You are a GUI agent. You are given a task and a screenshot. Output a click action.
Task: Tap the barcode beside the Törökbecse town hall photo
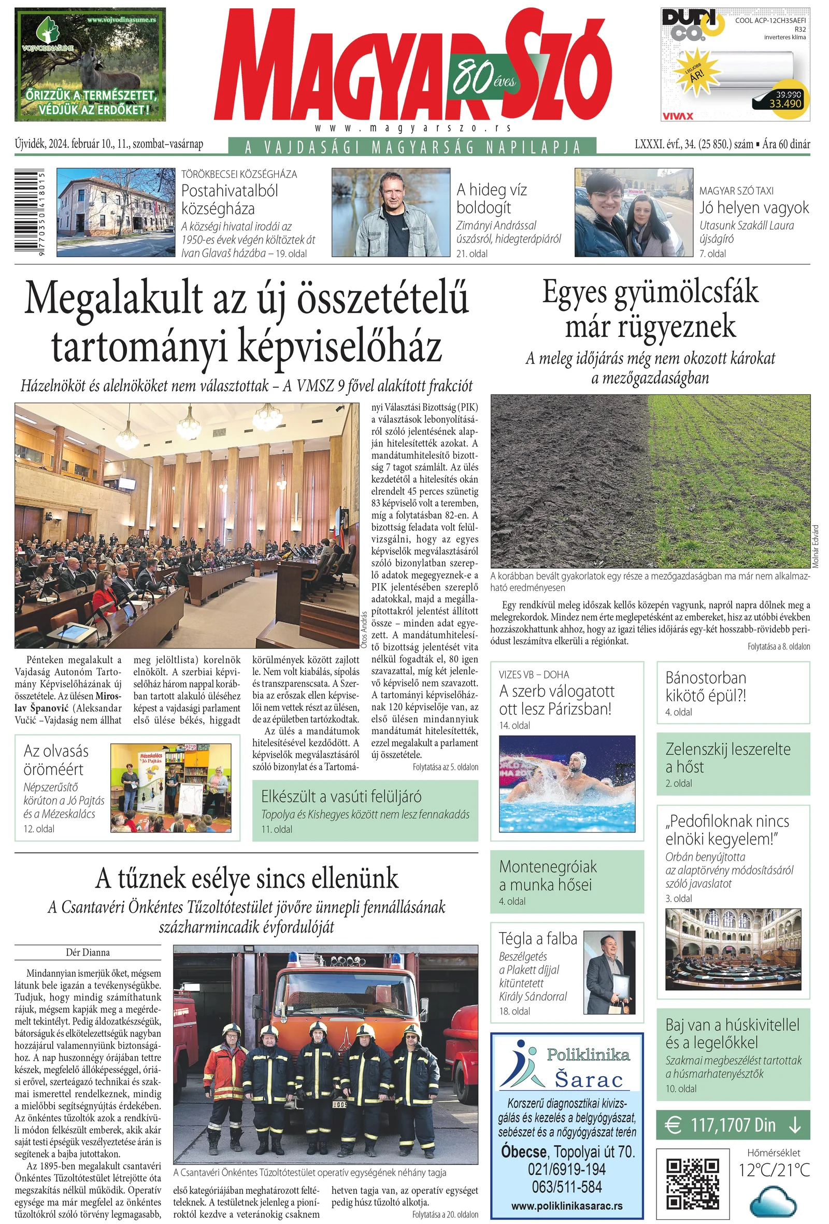28,212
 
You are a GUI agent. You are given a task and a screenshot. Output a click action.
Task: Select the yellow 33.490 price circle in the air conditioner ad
785,100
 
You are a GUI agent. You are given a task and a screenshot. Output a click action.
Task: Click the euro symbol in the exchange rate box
673,1125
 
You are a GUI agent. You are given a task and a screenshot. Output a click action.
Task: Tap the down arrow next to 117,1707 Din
795,1125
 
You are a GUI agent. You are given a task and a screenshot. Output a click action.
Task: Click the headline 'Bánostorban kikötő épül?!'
705,686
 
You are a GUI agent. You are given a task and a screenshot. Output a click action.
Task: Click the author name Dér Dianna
88,952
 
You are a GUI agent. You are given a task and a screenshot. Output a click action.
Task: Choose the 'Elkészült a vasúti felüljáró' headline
341,797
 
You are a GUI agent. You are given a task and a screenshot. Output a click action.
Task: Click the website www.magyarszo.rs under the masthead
412,128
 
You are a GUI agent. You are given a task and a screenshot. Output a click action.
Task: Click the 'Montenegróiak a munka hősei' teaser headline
548,875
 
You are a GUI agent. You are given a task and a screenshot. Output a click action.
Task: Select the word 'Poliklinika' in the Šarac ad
588,1054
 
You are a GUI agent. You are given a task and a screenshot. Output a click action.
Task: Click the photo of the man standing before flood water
391,212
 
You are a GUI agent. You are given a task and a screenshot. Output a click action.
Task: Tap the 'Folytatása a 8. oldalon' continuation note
778,646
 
